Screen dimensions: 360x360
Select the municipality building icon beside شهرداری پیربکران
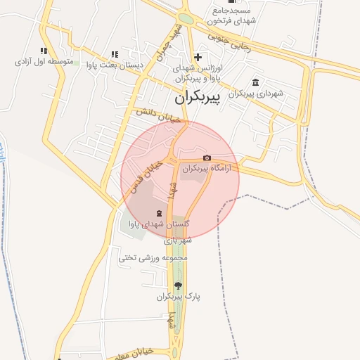pos(255,82)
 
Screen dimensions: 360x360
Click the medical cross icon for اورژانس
pos(198,57)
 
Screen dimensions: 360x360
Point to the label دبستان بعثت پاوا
pos(115,65)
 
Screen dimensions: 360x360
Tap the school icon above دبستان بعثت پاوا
pos(114,53)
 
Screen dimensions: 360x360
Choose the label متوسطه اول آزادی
pos(44,62)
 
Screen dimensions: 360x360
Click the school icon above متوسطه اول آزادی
pos(44,51)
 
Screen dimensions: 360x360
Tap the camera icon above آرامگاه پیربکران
pos(207,158)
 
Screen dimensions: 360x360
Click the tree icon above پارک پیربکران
pos(178,285)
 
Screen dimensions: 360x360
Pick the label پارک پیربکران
pos(179,297)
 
